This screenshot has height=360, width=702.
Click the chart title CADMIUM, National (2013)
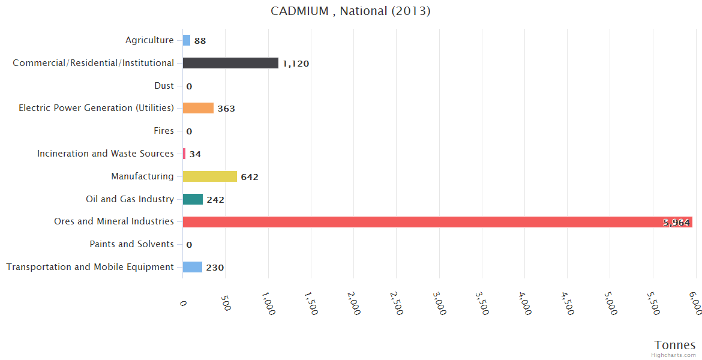point(350,11)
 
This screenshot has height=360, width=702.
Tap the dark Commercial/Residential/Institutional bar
point(230,63)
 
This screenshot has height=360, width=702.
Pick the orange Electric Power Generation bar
point(198,108)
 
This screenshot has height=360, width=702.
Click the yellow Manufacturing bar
point(209,176)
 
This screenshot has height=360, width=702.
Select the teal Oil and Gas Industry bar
point(193,199)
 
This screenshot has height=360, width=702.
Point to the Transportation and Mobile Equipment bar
point(192,267)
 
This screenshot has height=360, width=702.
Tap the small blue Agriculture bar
point(187,40)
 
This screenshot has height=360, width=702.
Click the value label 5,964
point(676,223)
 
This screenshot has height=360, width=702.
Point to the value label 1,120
point(296,64)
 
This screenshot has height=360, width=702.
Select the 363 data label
point(226,109)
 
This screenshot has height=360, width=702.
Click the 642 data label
point(250,177)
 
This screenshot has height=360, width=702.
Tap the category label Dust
point(164,86)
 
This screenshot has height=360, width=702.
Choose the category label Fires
point(164,131)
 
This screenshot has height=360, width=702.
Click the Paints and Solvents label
point(131,244)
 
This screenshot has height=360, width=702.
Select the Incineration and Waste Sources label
point(106,154)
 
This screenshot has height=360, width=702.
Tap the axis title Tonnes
point(675,345)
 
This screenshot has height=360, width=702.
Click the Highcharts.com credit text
point(674,355)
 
